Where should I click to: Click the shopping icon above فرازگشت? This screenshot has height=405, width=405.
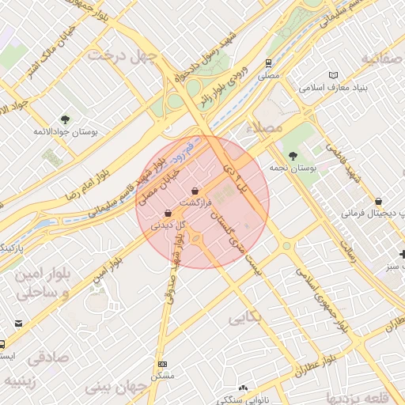[195, 191]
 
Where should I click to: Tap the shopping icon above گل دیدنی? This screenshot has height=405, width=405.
[168, 214]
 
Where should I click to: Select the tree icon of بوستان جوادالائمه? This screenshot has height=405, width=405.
[65, 119]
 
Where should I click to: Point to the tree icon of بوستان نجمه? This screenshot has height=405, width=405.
[294, 156]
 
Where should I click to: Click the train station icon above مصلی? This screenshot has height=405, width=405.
[270, 62]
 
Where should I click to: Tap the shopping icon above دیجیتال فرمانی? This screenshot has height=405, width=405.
[380, 201]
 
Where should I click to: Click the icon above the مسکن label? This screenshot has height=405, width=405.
[163, 365]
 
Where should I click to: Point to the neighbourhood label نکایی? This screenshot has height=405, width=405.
[246, 319]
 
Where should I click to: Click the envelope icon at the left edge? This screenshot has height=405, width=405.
[19, 324]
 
